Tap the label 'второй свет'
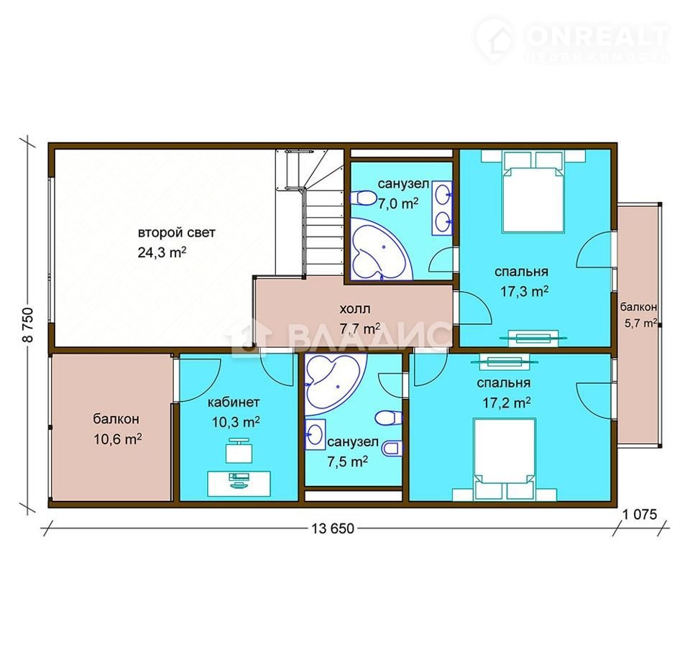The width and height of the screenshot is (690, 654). click(177, 232)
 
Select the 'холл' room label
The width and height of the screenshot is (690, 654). click(354, 308)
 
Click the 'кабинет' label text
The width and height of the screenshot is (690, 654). click(234, 402)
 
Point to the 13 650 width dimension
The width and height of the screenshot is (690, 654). click(333, 528)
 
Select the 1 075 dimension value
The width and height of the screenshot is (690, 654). click(640, 514)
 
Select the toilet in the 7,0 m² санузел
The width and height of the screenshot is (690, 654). click(362, 198)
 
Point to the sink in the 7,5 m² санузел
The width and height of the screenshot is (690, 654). click(316, 434)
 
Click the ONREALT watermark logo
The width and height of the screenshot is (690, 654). click(572, 40)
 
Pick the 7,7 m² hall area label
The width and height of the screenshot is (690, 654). click(360, 328)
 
